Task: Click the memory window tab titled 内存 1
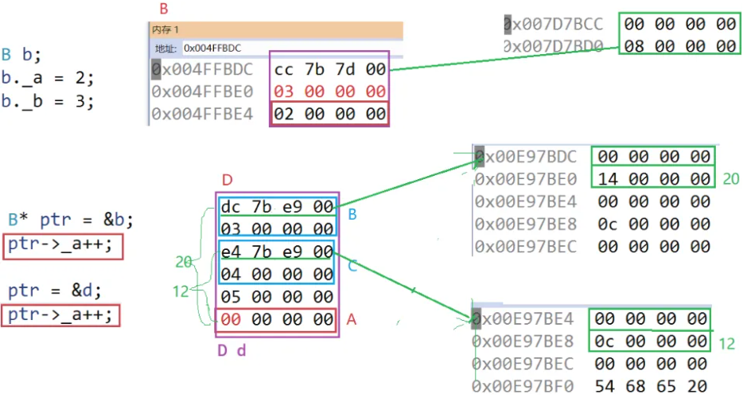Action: click(165, 28)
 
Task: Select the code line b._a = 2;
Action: click(48, 79)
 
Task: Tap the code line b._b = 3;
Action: click(48, 102)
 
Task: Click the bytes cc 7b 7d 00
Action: click(329, 69)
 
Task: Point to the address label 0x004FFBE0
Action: click(202, 92)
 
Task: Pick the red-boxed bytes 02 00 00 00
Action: click(329, 114)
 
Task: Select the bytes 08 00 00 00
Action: click(679, 45)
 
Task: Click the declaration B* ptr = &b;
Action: click(71, 220)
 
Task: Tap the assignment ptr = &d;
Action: click(51, 291)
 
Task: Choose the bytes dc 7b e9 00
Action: click(278, 208)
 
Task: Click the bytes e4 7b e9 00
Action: click(278, 252)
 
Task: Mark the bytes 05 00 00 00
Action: click(278, 297)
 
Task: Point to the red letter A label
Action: click(351, 319)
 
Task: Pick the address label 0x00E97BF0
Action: click(525, 386)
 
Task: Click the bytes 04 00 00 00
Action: click(278, 275)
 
